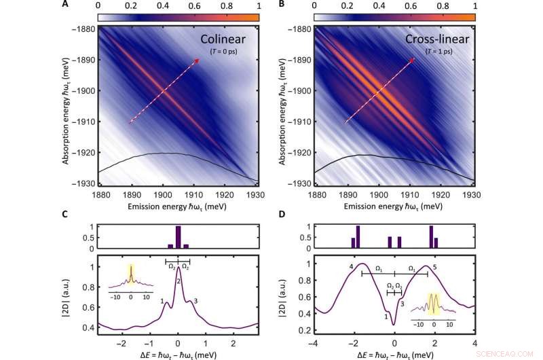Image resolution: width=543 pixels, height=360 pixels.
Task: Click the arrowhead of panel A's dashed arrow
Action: point(197,61)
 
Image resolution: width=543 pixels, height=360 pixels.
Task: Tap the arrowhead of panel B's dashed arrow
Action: point(413,60)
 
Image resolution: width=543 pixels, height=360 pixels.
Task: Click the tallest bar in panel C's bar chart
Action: point(179,237)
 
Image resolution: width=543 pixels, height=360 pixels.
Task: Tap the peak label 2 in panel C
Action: point(178,281)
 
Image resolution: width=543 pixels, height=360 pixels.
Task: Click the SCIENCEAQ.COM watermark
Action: point(517,354)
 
